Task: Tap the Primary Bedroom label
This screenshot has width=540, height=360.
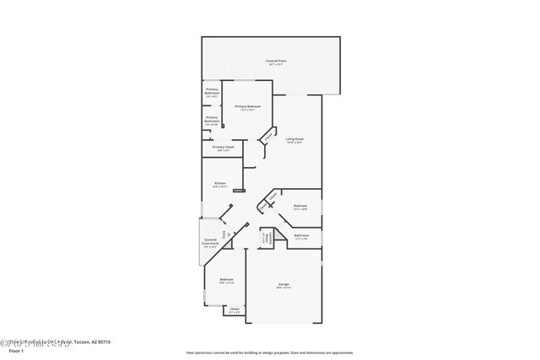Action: tap(248, 107)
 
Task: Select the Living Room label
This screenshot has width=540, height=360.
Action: tap(294, 140)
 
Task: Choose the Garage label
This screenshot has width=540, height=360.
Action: tap(284, 286)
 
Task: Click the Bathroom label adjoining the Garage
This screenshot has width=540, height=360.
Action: tap(301, 237)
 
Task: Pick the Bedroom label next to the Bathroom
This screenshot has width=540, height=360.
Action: tap(300, 207)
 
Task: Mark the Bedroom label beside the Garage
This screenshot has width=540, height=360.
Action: tap(226, 281)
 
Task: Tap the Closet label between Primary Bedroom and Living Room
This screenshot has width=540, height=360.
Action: tap(267, 135)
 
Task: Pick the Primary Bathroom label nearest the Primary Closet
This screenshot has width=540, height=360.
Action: tap(212, 120)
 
